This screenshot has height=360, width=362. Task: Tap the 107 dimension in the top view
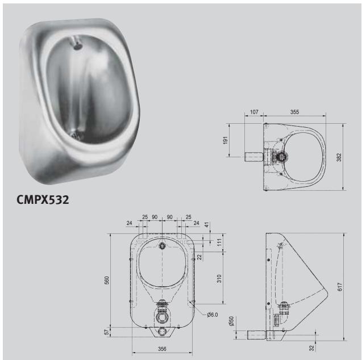coord(254,112)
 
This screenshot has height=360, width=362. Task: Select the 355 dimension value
coord(294,112)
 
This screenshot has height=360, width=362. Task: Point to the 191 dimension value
coord(226,140)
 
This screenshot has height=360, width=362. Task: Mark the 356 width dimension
coord(163,350)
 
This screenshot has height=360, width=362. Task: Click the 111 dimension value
coord(219,242)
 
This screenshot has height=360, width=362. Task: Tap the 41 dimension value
coord(206,225)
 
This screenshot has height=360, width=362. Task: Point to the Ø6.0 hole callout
coord(213,315)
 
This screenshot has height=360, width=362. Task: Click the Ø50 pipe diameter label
coord(231,321)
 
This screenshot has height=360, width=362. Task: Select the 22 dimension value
coord(200,257)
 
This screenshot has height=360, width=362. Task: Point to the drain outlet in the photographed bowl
coord(73,133)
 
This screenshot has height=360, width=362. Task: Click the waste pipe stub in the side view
coord(256,334)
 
